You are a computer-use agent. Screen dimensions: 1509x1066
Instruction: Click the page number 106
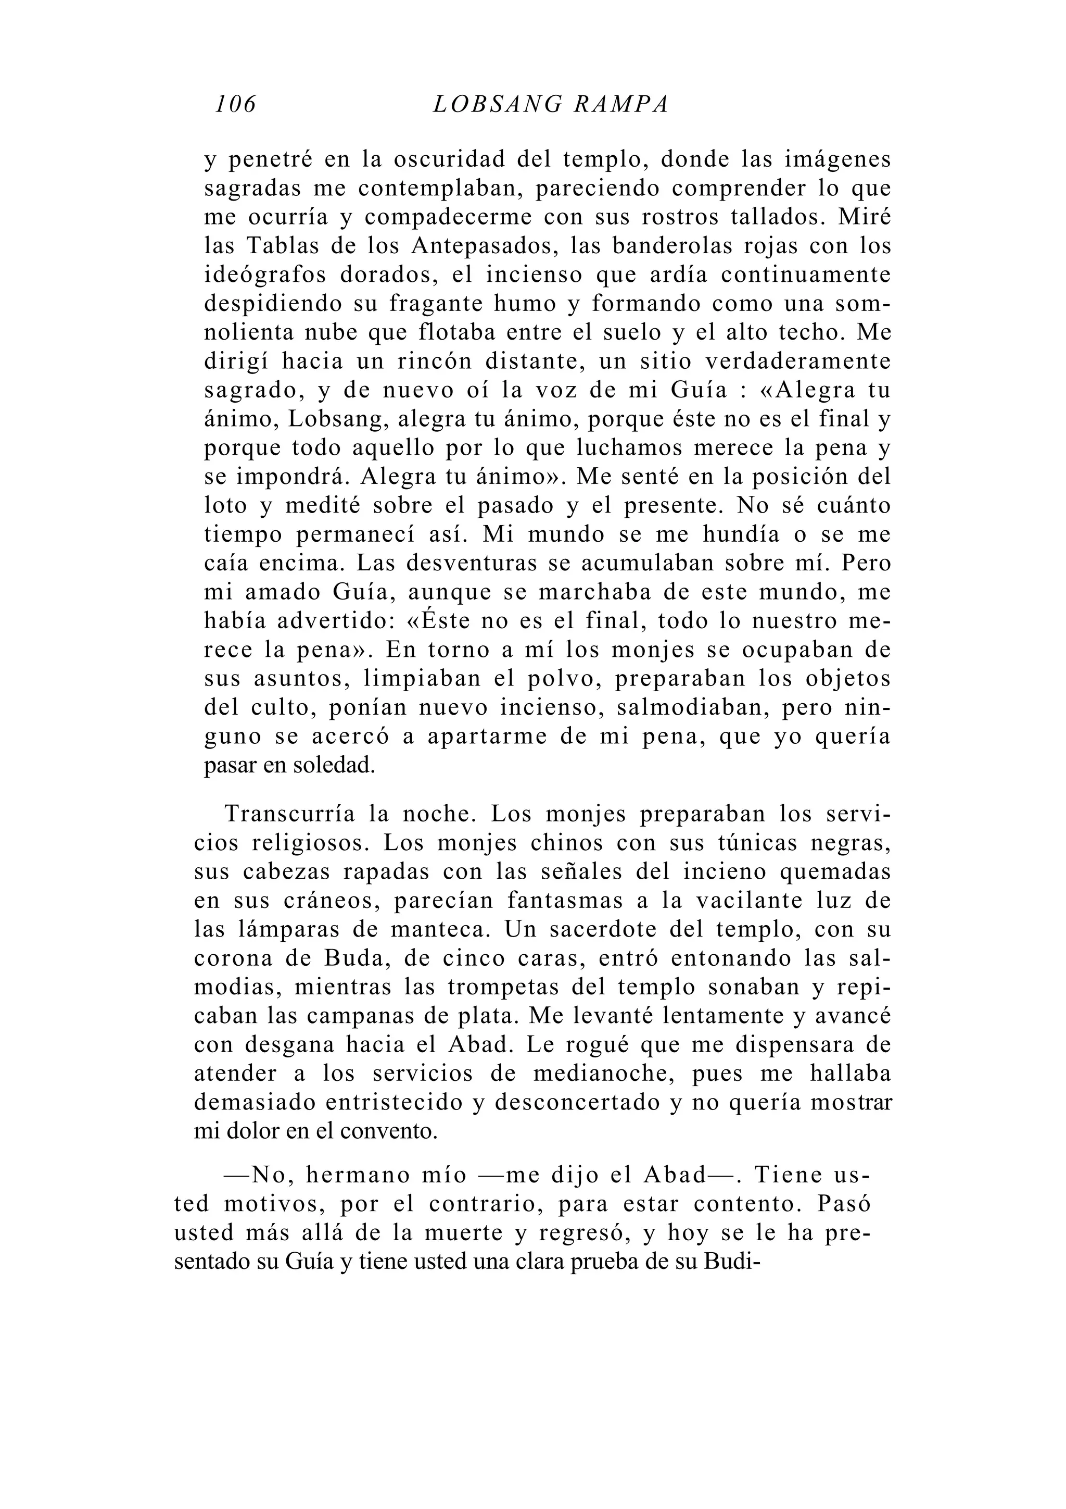(x=236, y=104)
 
